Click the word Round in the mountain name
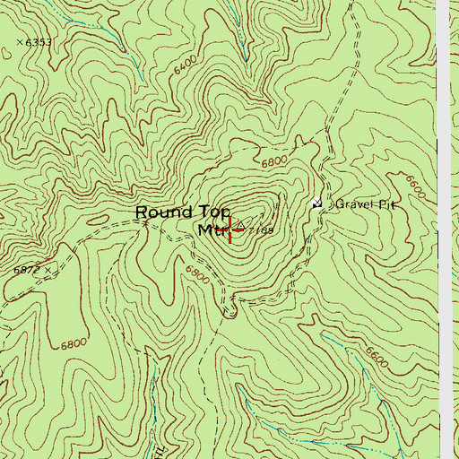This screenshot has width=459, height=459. (163, 212)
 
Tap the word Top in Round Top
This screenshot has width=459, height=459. (209, 212)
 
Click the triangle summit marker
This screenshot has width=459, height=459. (240, 221)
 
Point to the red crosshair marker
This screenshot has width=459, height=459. (231, 229)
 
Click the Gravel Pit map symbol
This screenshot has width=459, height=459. (316, 204)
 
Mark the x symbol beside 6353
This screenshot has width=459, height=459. (20, 42)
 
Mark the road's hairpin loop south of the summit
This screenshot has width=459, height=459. (229, 311)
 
